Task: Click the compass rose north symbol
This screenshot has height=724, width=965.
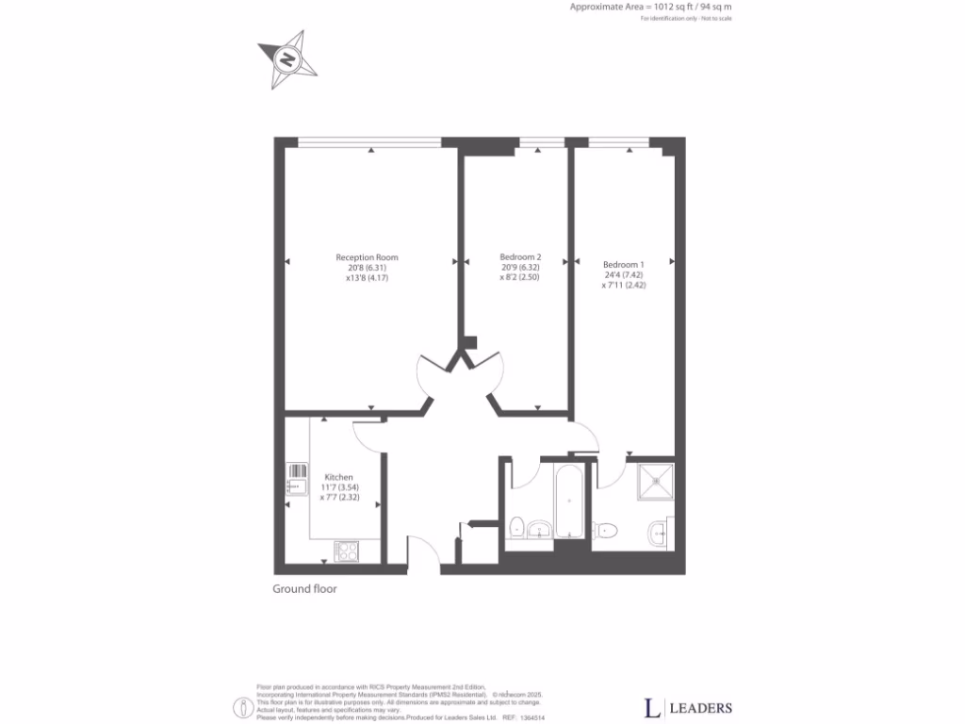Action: (x=286, y=59)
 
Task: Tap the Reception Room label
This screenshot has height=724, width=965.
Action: (x=367, y=257)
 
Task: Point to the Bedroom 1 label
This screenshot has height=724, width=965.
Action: (x=624, y=264)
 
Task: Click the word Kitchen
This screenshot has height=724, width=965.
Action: (x=338, y=477)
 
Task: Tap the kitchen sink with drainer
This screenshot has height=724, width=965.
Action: (x=297, y=479)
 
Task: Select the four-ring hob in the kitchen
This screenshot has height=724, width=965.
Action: (x=346, y=551)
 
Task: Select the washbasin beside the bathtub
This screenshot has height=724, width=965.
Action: (x=540, y=530)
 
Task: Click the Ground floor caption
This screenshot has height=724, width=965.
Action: (x=304, y=589)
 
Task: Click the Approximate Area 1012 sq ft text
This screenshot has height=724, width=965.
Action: (x=650, y=7)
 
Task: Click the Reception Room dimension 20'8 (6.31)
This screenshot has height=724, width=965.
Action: (x=367, y=268)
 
